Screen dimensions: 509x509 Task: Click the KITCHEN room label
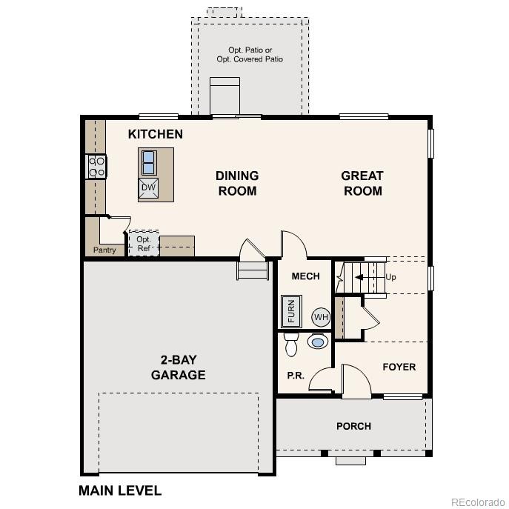156,134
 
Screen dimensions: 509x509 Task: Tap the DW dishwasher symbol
148,188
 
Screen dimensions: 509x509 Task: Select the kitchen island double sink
148,161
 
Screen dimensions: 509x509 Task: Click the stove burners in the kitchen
97,166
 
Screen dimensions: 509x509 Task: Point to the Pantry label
104,250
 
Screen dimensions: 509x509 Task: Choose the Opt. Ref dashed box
144,244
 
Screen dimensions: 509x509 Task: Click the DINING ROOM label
237,183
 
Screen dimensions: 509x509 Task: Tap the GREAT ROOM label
362,183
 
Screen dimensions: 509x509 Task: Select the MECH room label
305,276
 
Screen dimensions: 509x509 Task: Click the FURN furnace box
291,311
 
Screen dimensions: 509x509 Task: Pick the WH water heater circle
320,317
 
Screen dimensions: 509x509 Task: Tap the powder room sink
318,342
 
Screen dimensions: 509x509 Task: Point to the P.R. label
296,376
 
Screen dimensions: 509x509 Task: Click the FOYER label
399,367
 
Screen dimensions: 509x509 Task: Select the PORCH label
353,426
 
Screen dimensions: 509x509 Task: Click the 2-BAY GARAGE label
178,367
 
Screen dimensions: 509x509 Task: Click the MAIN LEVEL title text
120,490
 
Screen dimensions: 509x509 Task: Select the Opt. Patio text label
250,54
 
